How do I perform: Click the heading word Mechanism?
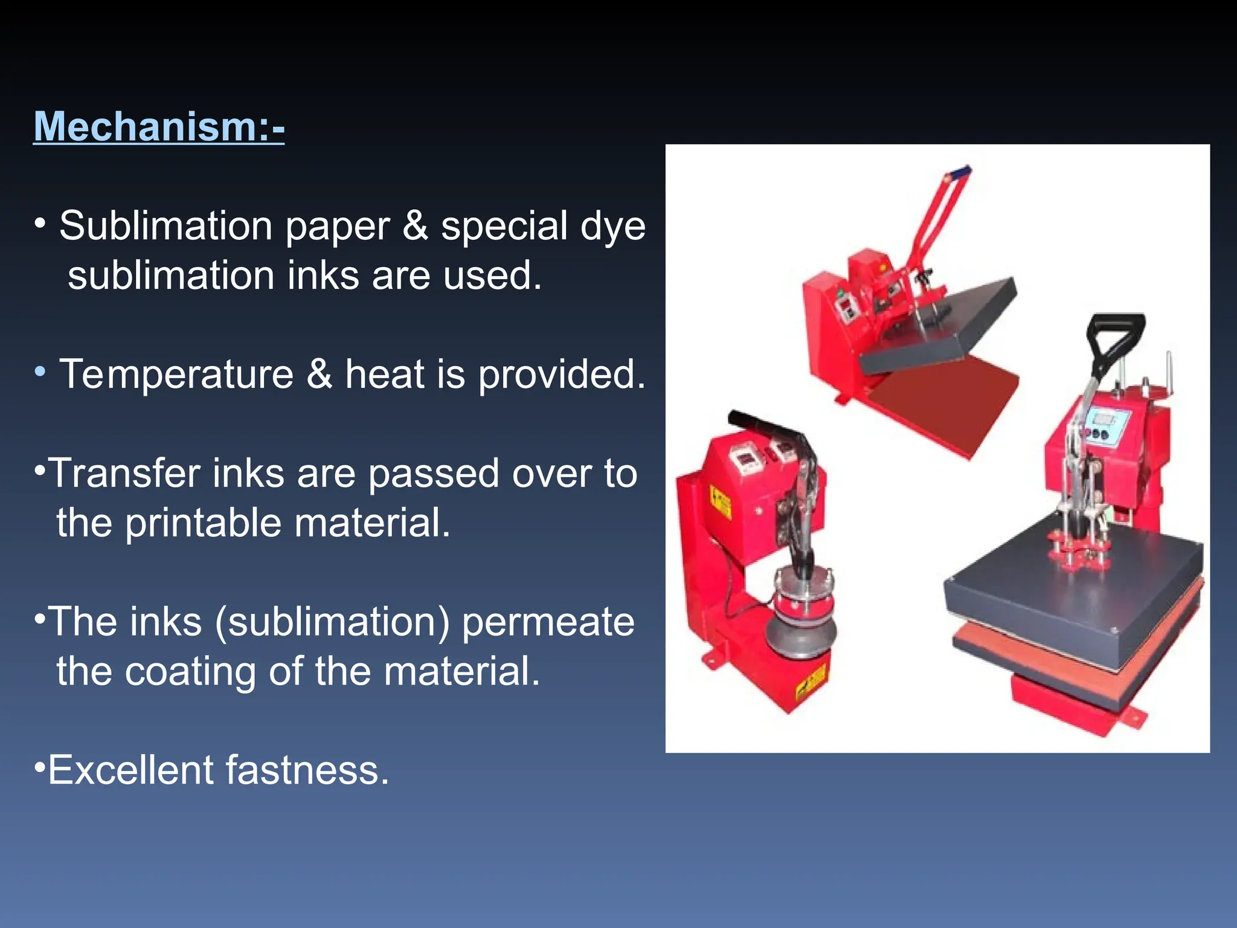click(145, 127)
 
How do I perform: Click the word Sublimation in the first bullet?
click(165, 226)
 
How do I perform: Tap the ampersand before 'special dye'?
click(415, 226)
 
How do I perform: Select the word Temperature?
click(176, 374)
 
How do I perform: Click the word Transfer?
click(124, 473)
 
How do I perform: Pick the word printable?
click(202, 523)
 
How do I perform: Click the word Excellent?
click(130, 770)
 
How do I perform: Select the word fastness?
click(307, 770)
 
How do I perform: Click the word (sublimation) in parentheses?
click(332, 622)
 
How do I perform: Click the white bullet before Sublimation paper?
click(40, 224)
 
